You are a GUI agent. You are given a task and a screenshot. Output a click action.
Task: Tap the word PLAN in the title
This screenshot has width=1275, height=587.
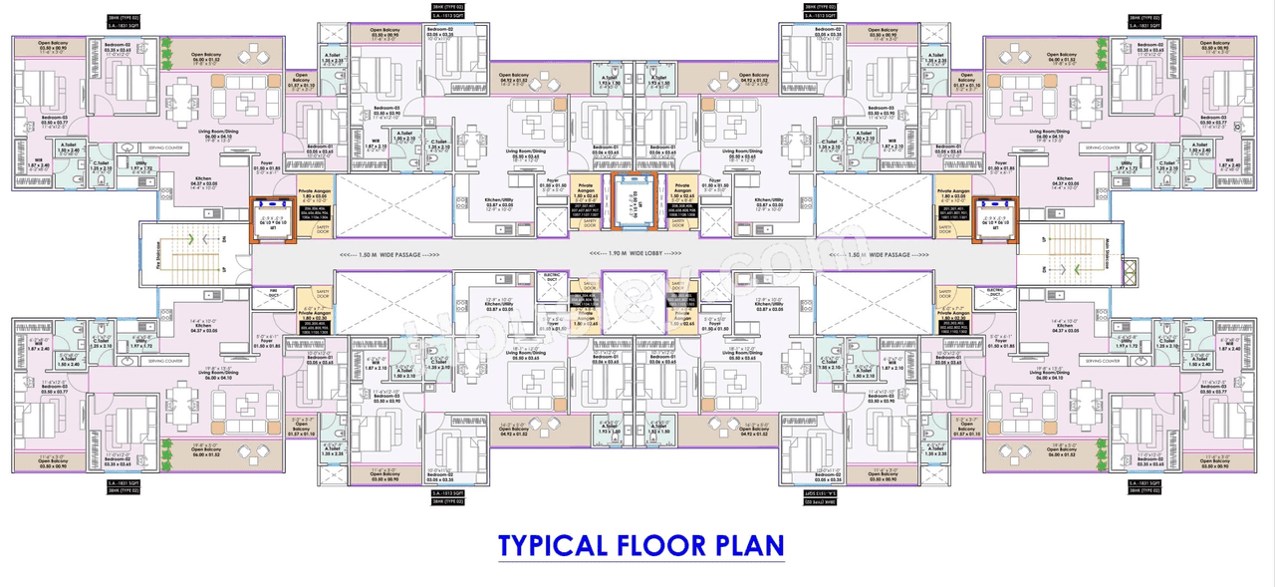[750, 546]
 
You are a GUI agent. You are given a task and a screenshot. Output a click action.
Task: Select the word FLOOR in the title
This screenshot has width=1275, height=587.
[664, 546]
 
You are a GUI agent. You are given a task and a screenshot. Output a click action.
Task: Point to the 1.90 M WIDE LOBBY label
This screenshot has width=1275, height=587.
[637, 254]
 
